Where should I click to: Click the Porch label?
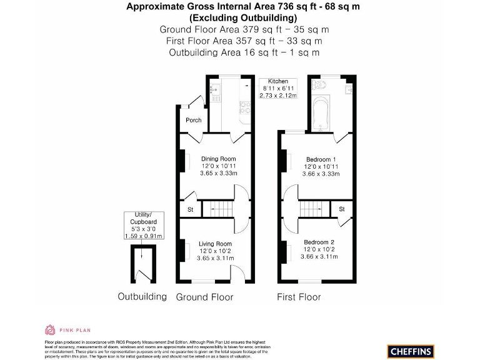click(194, 120)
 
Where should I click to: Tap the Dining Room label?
click(218, 159)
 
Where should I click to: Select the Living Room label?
click(215, 244)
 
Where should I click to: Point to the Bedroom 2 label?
click(319, 242)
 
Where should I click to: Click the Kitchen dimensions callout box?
click(278, 88)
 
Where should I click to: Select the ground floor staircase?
click(221, 208)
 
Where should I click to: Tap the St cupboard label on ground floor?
click(191, 209)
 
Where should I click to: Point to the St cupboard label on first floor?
click(342, 209)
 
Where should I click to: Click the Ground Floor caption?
click(204, 297)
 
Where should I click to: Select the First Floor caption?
click(299, 297)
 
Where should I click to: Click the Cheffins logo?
click(411, 351)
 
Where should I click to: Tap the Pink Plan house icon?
click(50, 329)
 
